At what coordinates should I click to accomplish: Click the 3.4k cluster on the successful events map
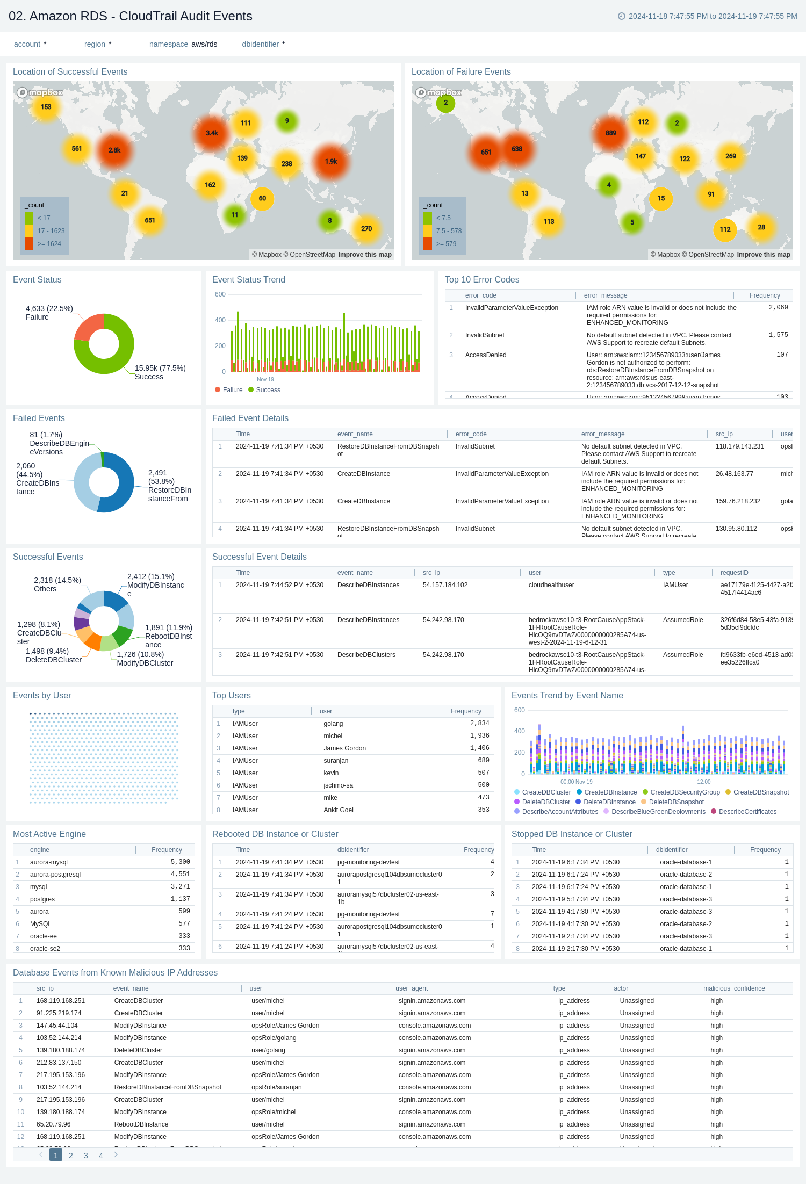coord(212,133)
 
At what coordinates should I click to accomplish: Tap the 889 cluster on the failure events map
coord(611,133)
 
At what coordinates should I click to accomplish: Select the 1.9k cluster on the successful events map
coord(331,161)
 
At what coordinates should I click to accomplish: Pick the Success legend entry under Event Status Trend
coord(268,390)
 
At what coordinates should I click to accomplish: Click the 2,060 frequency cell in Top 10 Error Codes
coord(778,308)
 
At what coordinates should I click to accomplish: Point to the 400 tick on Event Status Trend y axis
coord(220,320)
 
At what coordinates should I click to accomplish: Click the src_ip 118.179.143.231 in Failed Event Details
coord(739,446)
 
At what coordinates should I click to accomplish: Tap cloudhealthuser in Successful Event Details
coord(551,585)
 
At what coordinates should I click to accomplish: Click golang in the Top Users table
coord(333,724)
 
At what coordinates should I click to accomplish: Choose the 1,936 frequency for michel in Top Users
coord(479,736)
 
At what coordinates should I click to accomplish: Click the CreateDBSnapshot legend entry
coord(760,792)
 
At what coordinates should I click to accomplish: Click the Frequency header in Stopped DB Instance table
coord(765,850)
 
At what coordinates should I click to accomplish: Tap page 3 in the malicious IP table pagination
coord(86,1156)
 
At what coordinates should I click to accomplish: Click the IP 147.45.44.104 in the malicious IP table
coord(57,1026)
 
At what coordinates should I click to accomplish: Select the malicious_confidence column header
coord(734,988)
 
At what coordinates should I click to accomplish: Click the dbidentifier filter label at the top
coord(260,44)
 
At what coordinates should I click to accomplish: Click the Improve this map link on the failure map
coord(763,255)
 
